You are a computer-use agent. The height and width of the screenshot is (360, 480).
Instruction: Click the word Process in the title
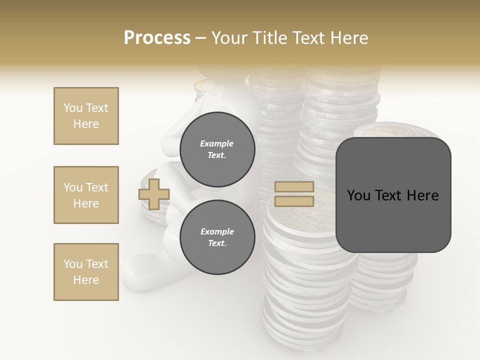click(x=157, y=38)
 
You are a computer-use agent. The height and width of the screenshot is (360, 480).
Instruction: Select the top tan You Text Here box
click(x=86, y=116)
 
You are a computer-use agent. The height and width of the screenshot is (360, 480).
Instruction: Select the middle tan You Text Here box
click(x=86, y=195)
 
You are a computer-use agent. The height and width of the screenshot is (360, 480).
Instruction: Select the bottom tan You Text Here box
click(x=86, y=272)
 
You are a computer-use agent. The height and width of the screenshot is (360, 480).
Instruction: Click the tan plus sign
click(x=154, y=194)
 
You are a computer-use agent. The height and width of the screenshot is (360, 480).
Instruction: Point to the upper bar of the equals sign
click(x=294, y=187)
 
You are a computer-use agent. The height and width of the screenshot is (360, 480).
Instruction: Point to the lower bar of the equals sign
click(x=294, y=201)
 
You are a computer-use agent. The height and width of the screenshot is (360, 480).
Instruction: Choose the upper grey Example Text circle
click(x=217, y=149)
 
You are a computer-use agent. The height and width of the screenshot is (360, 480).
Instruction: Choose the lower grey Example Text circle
click(x=217, y=237)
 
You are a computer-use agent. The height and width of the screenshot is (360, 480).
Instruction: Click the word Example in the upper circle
click(x=217, y=143)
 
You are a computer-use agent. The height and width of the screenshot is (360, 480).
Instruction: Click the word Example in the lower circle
click(x=217, y=231)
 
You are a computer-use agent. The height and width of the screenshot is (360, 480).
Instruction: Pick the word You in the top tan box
click(x=73, y=108)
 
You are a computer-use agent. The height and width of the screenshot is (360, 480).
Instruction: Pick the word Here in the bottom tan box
click(x=86, y=280)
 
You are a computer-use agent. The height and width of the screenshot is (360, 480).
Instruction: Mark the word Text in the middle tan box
click(x=97, y=187)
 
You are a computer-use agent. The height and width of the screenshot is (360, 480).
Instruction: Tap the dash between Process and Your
click(x=200, y=38)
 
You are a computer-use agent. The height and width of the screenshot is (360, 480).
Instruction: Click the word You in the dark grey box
click(x=358, y=195)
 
